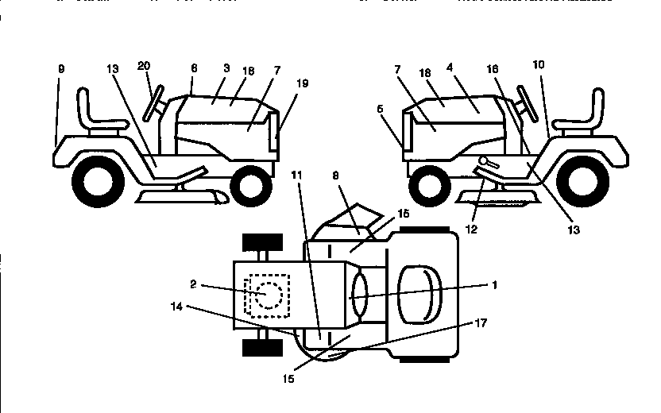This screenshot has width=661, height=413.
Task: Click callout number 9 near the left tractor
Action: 60,69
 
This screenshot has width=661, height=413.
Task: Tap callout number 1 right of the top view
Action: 494,284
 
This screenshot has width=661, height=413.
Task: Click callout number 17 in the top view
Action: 481,323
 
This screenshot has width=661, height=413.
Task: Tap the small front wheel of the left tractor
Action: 251,185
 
